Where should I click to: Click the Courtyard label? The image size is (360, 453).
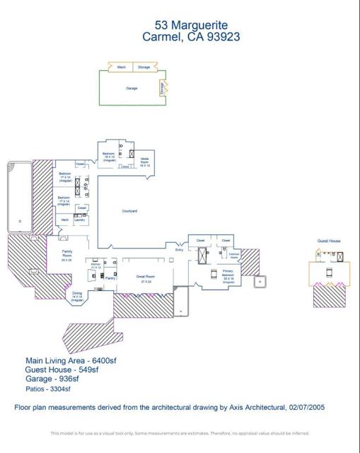point(129,211)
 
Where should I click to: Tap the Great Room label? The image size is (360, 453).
point(146,279)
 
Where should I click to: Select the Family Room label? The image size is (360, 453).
point(67,254)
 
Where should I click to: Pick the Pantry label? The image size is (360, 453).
point(110,278)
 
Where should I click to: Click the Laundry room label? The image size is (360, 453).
point(80,219)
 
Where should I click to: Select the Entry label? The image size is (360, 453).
point(180,250)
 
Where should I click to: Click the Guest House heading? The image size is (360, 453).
point(329,241)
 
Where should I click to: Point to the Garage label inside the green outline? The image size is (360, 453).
point(132,88)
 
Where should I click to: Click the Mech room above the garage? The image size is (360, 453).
point(121,67)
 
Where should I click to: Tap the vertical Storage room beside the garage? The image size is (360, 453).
point(162,88)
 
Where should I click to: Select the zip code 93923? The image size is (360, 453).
point(221,38)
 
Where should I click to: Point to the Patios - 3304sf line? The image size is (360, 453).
point(47,388)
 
